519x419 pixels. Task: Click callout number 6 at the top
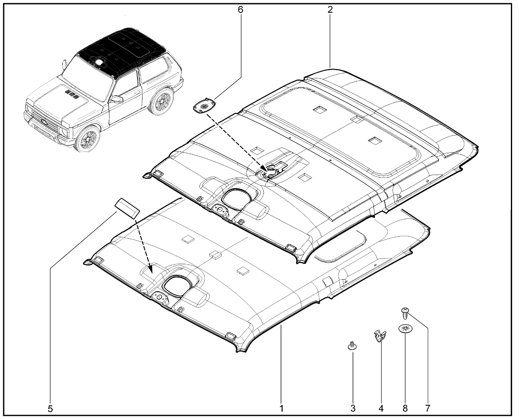pos(240,10)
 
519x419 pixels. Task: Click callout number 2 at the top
pos(330,10)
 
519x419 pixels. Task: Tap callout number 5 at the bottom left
pos(50,409)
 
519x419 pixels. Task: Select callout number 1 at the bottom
pos(281,408)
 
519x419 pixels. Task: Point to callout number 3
pos(353,408)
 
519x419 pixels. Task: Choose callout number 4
pos(381,408)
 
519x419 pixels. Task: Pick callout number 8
pos(405,408)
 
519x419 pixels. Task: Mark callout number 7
pos(428,408)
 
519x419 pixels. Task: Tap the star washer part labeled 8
pos(405,329)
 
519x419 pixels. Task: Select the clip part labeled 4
pos(380,336)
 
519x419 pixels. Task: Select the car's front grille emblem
pos(44,122)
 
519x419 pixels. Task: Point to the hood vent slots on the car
pos(72,94)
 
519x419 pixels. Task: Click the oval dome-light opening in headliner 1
pos(178,286)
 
